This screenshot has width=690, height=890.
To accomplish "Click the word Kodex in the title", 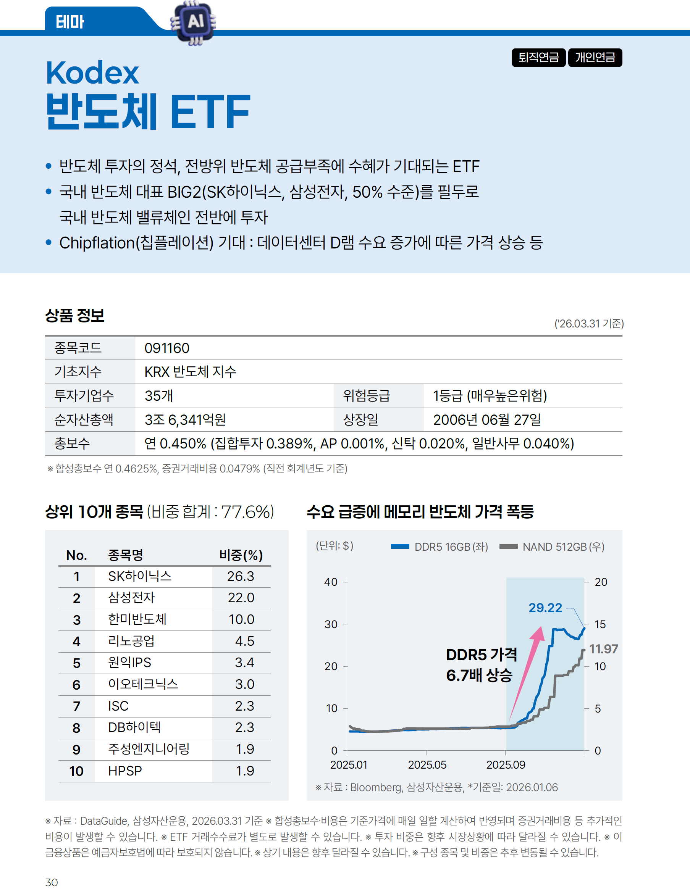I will click(x=92, y=73).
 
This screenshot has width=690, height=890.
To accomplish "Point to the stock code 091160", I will click(x=167, y=348).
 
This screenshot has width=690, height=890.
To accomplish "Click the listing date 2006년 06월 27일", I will click(x=487, y=420).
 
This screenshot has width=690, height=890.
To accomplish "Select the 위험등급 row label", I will click(x=366, y=396).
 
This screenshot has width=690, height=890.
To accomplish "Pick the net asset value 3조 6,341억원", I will click(x=185, y=420).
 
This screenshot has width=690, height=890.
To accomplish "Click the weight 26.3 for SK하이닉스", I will click(x=241, y=576).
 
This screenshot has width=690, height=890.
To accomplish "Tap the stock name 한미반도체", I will click(x=137, y=619).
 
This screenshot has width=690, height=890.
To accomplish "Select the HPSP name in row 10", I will click(x=125, y=771).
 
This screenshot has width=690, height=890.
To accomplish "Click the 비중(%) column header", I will click(x=241, y=555).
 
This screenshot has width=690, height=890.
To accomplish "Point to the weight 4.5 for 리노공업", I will click(x=245, y=641).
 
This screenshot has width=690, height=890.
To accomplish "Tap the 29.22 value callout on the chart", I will click(x=545, y=608).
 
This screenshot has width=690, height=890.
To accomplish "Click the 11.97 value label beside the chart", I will click(x=603, y=649).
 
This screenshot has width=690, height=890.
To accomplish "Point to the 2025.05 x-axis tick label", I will click(x=427, y=765).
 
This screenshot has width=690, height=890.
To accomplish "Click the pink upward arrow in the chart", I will click(x=528, y=668).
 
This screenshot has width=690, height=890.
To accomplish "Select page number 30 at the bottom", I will click(x=52, y=882).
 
